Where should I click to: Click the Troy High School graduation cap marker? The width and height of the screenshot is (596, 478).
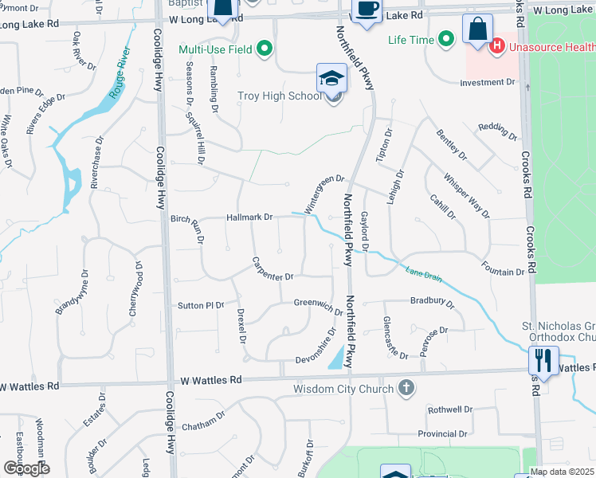331,79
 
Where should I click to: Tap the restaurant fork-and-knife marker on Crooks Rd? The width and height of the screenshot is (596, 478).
543,359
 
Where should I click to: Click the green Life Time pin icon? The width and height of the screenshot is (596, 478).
446,37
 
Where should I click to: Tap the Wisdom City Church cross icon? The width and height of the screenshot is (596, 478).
406,388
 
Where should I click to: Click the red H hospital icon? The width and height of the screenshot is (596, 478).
497,47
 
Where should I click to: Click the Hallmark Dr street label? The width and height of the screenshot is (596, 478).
249,217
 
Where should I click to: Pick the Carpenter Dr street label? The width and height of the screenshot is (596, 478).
273,268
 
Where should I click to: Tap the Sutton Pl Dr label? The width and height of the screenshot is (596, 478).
201,305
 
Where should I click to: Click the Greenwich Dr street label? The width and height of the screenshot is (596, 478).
318,303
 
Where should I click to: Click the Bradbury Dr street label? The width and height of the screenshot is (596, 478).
432,303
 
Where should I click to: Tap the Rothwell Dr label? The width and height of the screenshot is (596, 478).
450,409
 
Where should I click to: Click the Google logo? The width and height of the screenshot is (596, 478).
26,468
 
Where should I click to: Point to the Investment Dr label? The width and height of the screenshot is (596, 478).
488,82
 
